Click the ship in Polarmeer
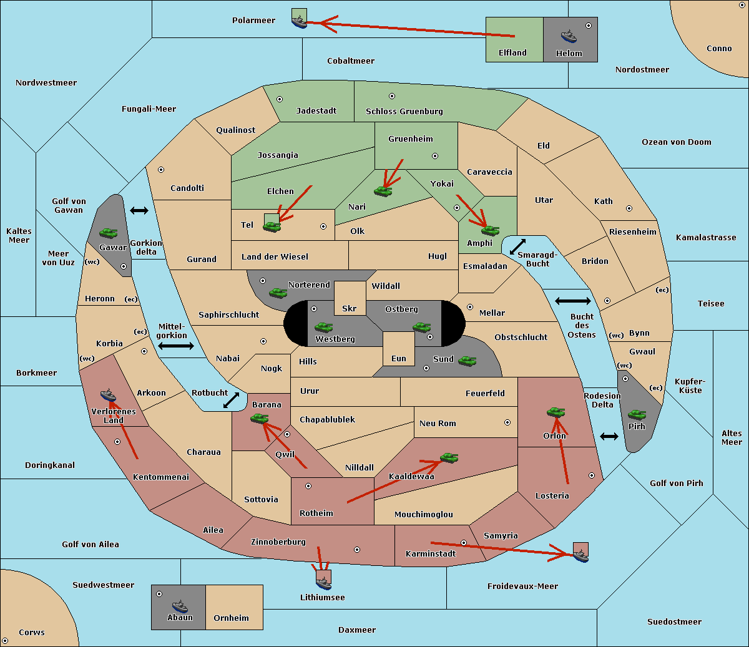[x=300, y=21]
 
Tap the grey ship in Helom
[x=568, y=36]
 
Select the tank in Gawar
[x=108, y=233]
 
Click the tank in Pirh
[x=637, y=415]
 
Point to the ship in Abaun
[x=179, y=606]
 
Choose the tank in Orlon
[x=555, y=412]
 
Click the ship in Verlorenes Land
[x=109, y=395]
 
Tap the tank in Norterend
[x=278, y=293]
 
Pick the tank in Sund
[x=467, y=361]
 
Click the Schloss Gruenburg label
[x=404, y=112]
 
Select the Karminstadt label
[x=431, y=554]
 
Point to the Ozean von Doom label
[x=676, y=142]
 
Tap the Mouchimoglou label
[x=423, y=515]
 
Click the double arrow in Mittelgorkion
[x=176, y=346]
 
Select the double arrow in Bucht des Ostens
[x=572, y=301]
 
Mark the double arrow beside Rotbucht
[x=231, y=400]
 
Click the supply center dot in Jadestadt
[x=280, y=99]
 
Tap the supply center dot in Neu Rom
[x=507, y=422]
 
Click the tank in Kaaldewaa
[x=449, y=459]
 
